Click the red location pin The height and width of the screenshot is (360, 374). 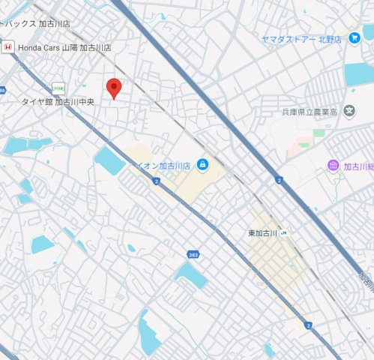pyautogui.click(x=113, y=87)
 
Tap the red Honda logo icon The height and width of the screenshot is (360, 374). pyautogui.click(x=7, y=47)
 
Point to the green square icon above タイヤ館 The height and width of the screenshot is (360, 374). pyautogui.click(x=58, y=88)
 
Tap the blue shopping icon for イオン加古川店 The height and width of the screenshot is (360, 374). pyautogui.click(x=203, y=165)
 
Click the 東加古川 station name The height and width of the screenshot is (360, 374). pyautogui.click(x=263, y=233)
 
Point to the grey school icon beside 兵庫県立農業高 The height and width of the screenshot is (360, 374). pyautogui.click(x=349, y=112)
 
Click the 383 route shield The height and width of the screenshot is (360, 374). pyautogui.click(x=193, y=255)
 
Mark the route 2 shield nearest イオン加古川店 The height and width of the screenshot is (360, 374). pyautogui.click(x=156, y=181)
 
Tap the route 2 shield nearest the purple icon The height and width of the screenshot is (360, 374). pyautogui.click(x=278, y=180)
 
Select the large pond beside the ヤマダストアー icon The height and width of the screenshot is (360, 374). pyautogui.click(x=358, y=73)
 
